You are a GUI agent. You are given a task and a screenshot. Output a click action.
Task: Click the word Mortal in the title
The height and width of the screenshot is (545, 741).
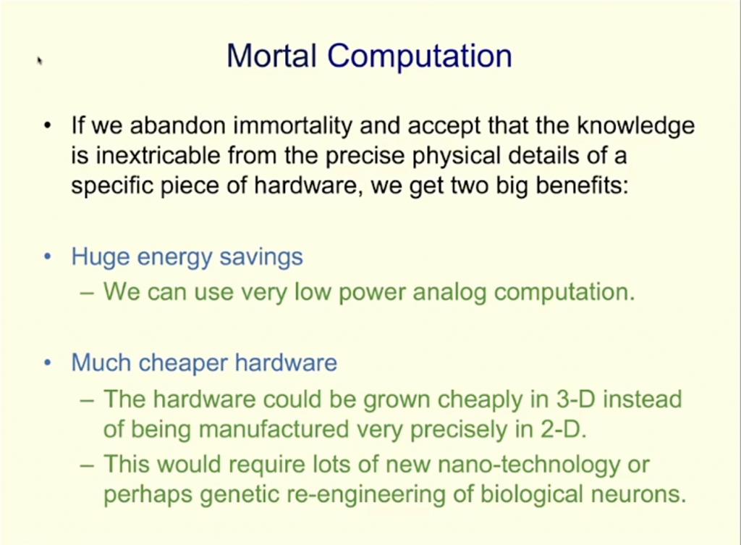(x=272, y=55)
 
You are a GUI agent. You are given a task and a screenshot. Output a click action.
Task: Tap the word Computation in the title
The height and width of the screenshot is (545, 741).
(x=420, y=57)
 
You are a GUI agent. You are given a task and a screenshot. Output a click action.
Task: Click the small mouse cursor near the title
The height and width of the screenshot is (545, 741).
(x=40, y=61)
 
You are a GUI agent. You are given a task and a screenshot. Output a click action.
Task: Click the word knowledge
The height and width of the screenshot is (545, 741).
(x=635, y=126)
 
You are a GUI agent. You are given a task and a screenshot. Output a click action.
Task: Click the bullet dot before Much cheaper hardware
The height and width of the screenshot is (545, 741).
(x=47, y=363)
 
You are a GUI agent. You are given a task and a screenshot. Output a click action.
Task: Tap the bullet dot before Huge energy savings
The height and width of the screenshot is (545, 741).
(x=47, y=257)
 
